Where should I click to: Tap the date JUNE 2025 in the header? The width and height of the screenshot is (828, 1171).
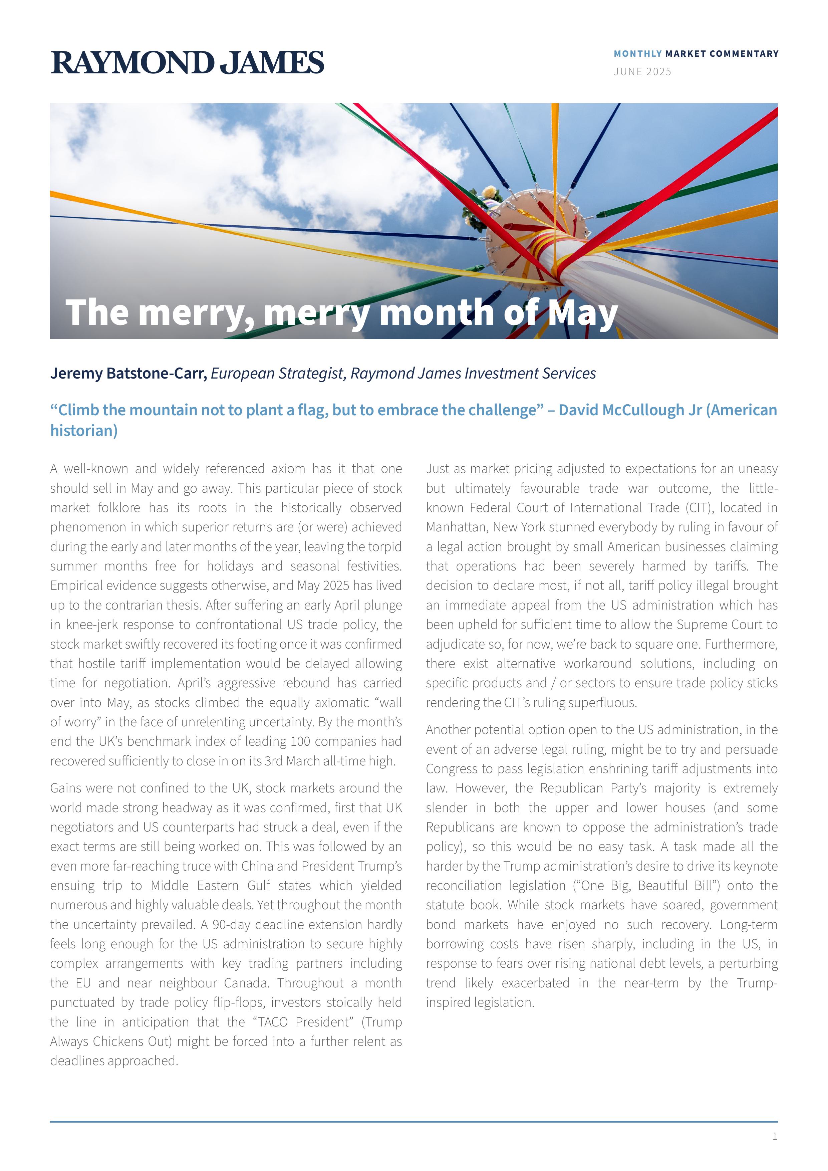pyautogui.click(x=642, y=72)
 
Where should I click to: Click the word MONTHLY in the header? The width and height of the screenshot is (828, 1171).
pyautogui.click(x=637, y=53)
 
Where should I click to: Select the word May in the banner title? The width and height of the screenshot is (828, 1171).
pyautogui.click(x=582, y=313)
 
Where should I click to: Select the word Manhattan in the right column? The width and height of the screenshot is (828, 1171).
pyautogui.click(x=456, y=527)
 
